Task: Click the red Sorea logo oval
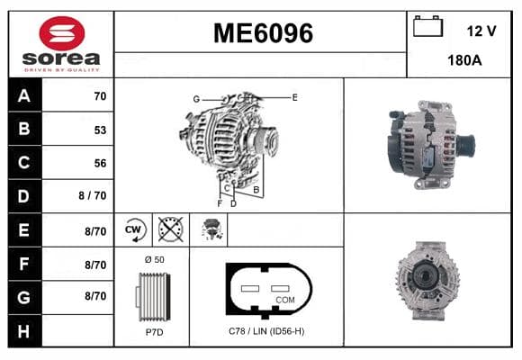pos(62,33)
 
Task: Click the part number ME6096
pos(263,33)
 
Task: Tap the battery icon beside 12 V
pos(427,26)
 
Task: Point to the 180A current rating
pos(464,60)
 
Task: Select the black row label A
pos(24,96)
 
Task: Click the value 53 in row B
pos(100,130)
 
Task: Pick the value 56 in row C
pos(100,163)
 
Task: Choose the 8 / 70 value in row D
pos(92,195)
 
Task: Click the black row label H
pos(24,331)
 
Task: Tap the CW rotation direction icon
pos(134,229)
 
